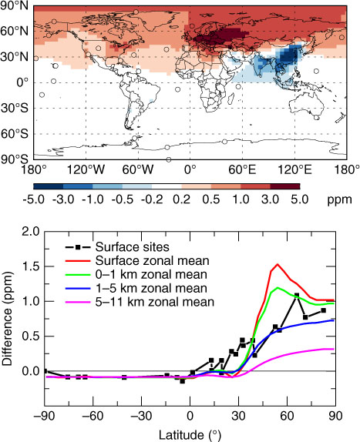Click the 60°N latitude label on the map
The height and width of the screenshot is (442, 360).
(15, 31)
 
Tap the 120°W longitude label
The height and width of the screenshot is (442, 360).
(86, 170)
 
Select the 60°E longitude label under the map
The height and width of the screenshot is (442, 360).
(242, 170)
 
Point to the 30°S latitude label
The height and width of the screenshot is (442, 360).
(15, 109)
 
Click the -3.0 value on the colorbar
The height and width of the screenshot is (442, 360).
(63, 199)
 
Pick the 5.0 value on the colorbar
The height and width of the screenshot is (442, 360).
(300, 199)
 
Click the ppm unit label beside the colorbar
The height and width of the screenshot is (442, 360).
(339, 200)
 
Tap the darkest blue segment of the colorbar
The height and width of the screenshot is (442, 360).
(49, 186)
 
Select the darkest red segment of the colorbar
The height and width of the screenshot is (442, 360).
(285, 186)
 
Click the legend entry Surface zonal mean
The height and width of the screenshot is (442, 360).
(153, 261)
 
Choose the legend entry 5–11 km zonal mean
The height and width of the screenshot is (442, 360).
(155, 302)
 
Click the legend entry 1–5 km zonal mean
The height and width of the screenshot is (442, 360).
(151, 288)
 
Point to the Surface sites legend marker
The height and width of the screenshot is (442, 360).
(78, 247)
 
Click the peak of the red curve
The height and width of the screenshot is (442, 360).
(278, 264)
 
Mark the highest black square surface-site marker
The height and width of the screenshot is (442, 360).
(297, 296)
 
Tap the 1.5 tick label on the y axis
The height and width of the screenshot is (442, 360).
(31, 266)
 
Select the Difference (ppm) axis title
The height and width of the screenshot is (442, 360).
(7, 319)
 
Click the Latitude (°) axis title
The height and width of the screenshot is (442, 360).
(190, 435)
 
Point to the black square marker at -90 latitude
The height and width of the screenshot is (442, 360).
(45, 371)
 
